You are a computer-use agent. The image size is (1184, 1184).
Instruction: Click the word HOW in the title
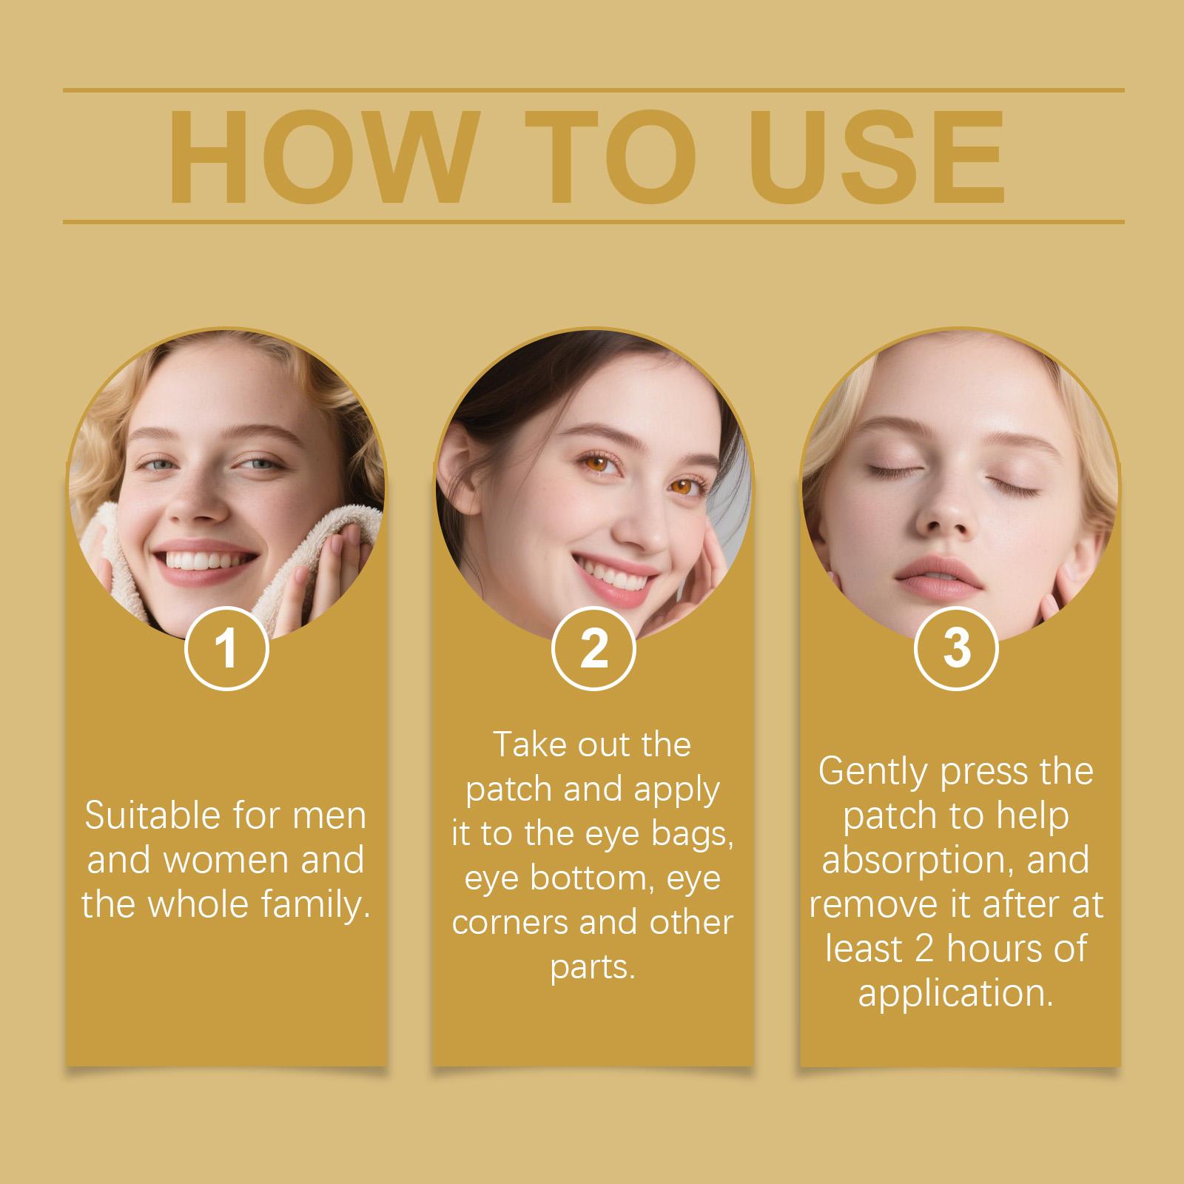coord(320,158)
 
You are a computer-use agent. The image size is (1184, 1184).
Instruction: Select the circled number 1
coord(226,649)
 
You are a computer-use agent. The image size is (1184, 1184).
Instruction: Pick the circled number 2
coord(593,649)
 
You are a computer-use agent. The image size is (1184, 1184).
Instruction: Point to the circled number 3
coord(956,649)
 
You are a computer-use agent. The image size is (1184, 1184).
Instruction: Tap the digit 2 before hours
coord(925,950)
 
